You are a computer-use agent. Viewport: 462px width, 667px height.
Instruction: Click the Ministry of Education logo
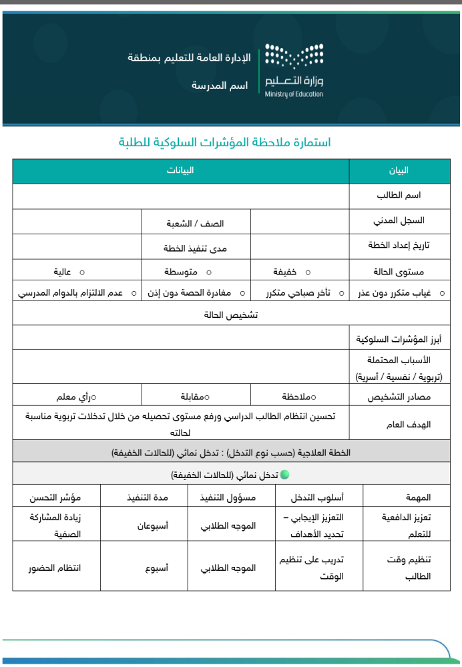click(x=294, y=70)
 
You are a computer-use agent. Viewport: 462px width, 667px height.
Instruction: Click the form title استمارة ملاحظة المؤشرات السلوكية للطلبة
click(x=225, y=142)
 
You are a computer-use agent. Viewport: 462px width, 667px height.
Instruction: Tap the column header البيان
click(x=399, y=171)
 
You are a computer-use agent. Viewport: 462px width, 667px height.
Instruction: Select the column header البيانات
click(x=180, y=171)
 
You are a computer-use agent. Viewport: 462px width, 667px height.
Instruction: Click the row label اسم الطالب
click(x=399, y=196)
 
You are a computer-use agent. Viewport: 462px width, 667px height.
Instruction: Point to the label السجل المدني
click(x=399, y=220)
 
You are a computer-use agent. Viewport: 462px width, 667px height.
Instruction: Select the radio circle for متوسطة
click(x=209, y=272)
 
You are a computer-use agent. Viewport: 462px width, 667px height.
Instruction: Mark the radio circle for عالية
click(x=82, y=272)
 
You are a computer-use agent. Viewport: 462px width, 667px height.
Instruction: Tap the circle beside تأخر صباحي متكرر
click(x=341, y=293)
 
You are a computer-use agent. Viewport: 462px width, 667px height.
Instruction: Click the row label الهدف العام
click(x=409, y=425)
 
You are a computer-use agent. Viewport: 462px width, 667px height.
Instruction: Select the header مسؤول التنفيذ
click(x=228, y=498)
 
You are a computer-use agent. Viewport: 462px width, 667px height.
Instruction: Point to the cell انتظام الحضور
click(x=55, y=568)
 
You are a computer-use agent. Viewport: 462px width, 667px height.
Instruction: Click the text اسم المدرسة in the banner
click(x=220, y=86)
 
